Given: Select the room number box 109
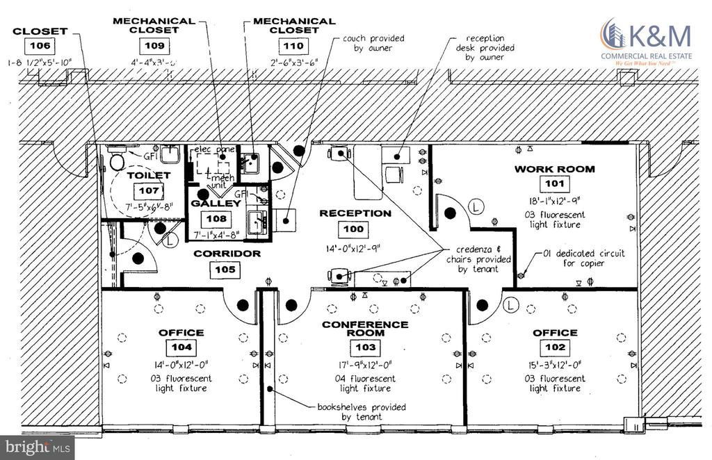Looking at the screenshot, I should (154, 46).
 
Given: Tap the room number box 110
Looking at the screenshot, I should (292, 47).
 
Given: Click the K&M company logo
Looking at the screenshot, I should (646, 42).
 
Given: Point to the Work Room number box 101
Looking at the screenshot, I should (555, 184).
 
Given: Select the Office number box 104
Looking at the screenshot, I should (180, 348).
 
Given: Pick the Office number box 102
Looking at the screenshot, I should (554, 348).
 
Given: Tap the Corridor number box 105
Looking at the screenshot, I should (227, 270).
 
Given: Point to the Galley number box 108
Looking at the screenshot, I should (216, 218).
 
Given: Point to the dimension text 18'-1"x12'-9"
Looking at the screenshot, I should (555, 203).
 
